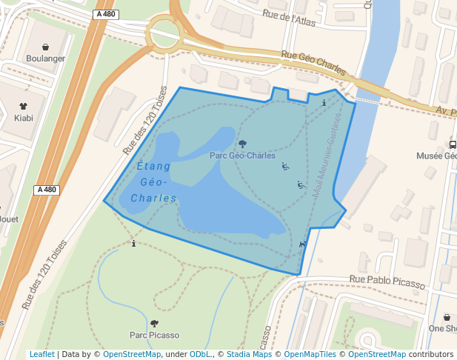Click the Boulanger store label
[45, 59]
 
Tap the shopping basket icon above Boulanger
[46, 47]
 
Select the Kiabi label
[23, 117]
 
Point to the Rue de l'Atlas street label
[289, 18]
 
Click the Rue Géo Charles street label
[313, 64]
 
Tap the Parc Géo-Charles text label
[242, 156]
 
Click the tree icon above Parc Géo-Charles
[242, 144]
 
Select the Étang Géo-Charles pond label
[153, 182]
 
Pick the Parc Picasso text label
[154, 335]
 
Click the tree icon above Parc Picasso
[154, 323]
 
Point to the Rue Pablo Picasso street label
[387, 282]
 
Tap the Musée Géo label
[436, 156]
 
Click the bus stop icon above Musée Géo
[453, 144]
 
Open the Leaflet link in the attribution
[41, 354]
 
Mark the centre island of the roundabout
[164, 32]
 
